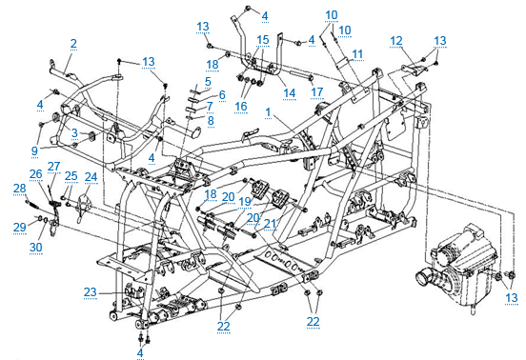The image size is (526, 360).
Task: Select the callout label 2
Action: (x=73, y=43)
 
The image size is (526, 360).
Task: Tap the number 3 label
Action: (x=73, y=132)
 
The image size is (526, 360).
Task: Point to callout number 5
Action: (x=208, y=82)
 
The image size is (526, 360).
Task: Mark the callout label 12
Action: (x=396, y=40)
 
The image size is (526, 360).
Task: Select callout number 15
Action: (x=262, y=39)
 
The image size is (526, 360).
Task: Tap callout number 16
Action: (x=241, y=106)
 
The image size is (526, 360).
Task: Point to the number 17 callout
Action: (x=317, y=92)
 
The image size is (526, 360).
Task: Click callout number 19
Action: (x=246, y=202)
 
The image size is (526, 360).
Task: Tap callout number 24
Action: (x=91, y=177)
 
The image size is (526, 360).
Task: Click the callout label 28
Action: (x=20, y=189)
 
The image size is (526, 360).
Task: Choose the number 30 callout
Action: (x=35, y=247)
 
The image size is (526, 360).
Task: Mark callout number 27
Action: (x=54, y=167)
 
